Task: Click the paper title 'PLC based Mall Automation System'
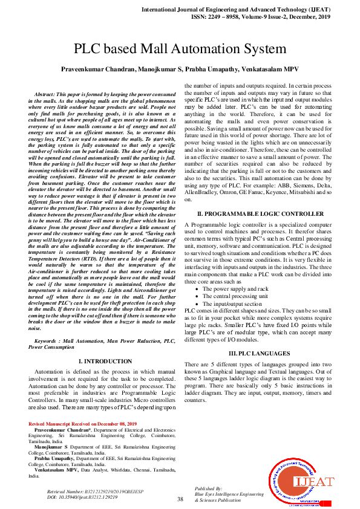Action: (180, 49)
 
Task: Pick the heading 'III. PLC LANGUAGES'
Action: (257, 353)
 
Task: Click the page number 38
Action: (180, 499)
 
